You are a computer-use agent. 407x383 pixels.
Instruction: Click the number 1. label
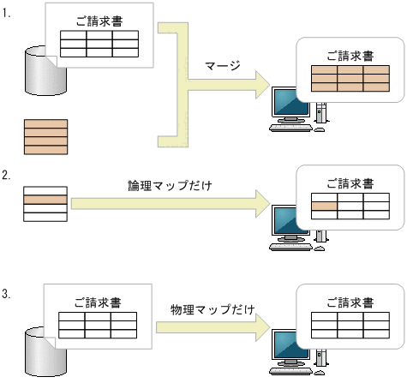click(7, 14)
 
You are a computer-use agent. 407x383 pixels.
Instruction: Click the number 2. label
click(7, 176)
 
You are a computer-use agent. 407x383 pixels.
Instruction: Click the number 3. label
click(7, 295)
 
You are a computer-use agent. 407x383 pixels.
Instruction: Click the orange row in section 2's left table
click(45, 200)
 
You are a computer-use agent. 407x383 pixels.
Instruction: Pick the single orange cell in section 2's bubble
click(323, 206)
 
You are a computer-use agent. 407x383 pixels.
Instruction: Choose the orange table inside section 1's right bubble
click(350, 79)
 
